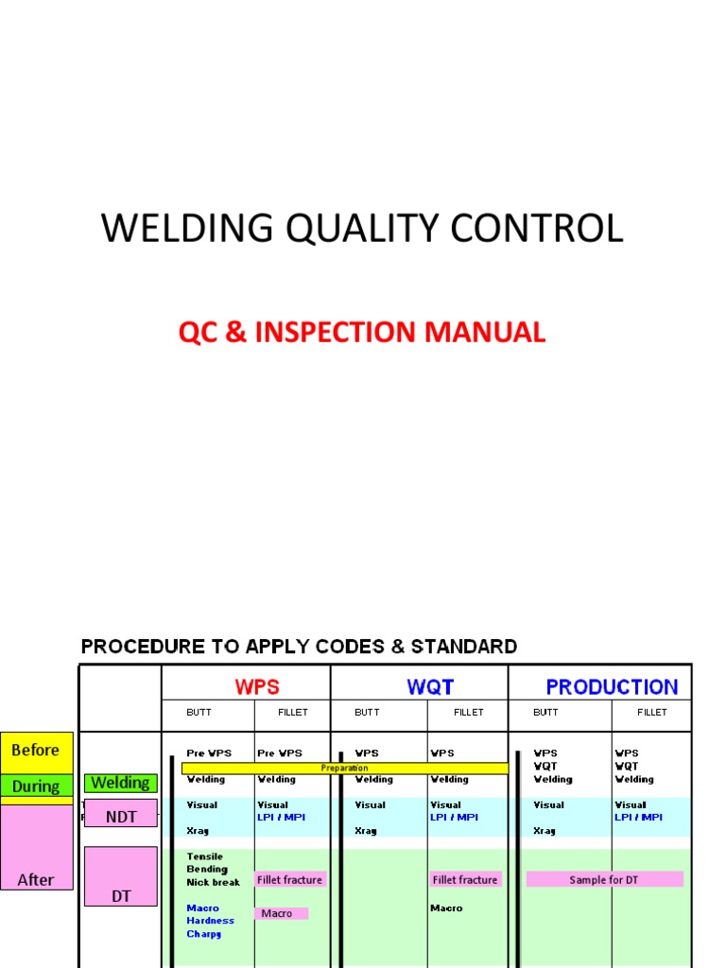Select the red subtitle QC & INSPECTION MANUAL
tap(362, 333)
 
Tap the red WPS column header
tap(256, 686)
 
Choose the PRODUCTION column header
tap(612, 687)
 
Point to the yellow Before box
tap(36, 752)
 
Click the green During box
tap(36, 786)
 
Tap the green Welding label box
tap(120, 783)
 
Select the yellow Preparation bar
tap(344, 769)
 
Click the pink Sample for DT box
tap(604, 879)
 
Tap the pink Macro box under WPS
tap(281, 913)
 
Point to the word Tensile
tap(205, 856)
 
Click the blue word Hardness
tap(210, 921)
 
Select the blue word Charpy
tap(203, 934)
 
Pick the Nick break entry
tap(213, 882)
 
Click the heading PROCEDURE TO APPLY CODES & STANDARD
tap(299, 648)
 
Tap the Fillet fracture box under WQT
tap(464, 879)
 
